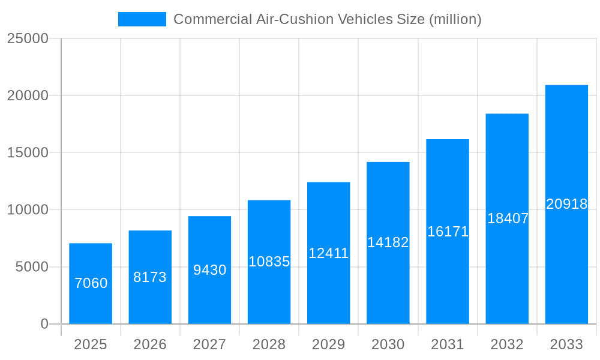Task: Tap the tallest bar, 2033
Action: click(x=566, y=150)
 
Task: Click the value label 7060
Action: click(x=91, y=283)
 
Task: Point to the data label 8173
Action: click(x=150, y=277)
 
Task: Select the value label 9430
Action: click(x=209, y=270)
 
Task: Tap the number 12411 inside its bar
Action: click(x=328, y=253)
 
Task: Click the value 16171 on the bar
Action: click(x=448, y=232)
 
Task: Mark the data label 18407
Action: click(x=508, y=218)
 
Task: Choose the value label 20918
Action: click(x=566, y=204)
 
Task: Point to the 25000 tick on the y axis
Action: click(x=28, y=38)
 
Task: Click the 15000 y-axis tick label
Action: click(x=28, y=152)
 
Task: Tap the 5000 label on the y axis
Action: click(x=31, y=267)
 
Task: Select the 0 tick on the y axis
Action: click(x=44, y=324)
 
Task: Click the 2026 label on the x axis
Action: click(x=150, y=344)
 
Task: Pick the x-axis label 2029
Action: click(x=328, y=344)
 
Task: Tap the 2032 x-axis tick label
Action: click(x=507, y=344)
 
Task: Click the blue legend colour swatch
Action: click(x=142, y=19)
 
